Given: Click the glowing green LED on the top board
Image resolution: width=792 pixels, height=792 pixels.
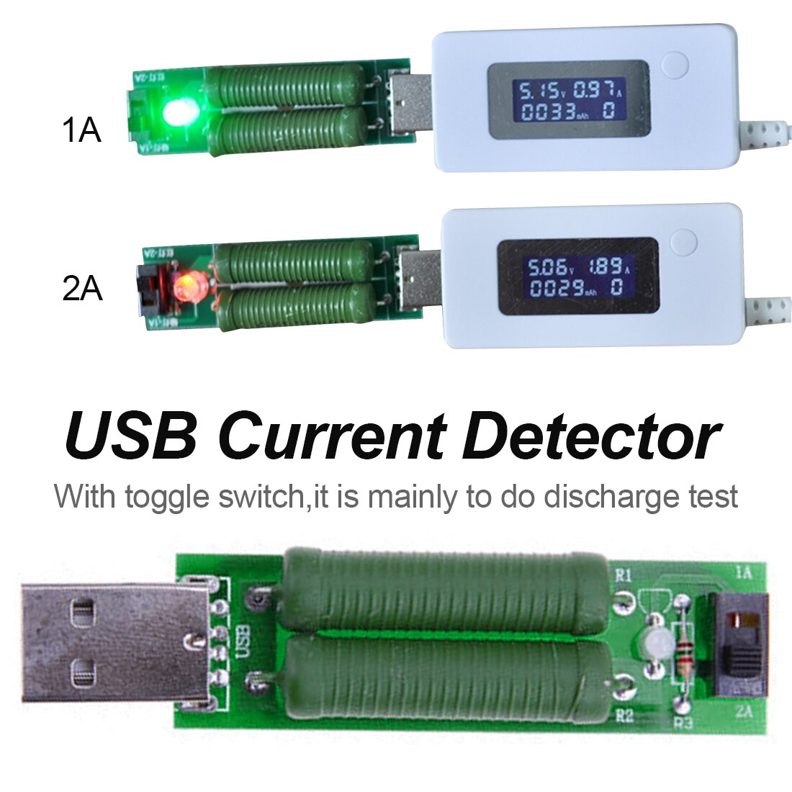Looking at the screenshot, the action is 176,112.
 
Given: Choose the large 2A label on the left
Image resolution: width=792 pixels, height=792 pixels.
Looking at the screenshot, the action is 82,289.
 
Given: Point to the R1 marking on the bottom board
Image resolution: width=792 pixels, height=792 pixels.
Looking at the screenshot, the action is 624,575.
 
